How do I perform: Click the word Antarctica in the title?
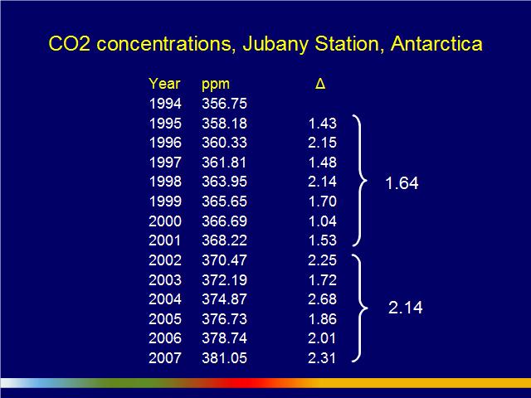[x=436, y=44]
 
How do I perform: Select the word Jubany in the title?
[x=275, y=45]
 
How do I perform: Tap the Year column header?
[x=164, y=84]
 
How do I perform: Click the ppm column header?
[x=216, y=85]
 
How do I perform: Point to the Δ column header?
[x=320, y=84]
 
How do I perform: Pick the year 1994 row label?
[x=165, y=104]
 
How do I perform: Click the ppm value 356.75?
[x=225, y=104]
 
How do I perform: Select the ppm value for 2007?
[x=225, y=358]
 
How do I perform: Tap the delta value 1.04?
[x=323, y=221]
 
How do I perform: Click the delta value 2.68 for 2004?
[x=323, y=299]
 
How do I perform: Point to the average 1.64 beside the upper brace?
[x=402, y=183]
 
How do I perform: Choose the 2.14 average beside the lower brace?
[x=406, y=308]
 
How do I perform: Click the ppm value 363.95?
[x=225, y=182]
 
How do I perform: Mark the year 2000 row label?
[x=165, y=221]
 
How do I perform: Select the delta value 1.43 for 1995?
[x=323, y=124]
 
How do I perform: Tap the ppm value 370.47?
[x=225, y=260]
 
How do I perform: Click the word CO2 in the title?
[x=70, y=44]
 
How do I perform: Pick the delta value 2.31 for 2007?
[x=322, y=358]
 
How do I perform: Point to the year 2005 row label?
[x=165, y=319]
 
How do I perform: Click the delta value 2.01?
[x=322, y=338]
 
